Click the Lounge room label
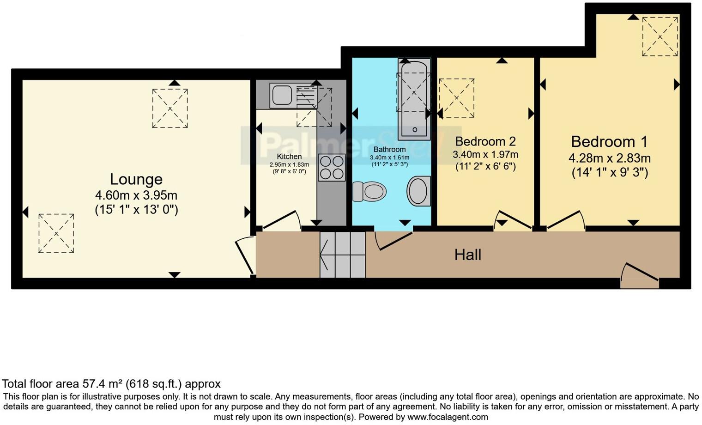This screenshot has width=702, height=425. (136, 179)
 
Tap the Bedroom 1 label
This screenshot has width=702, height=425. (609, 141)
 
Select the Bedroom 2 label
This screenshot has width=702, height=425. (485, 141)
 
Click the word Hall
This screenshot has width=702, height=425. (467, 255)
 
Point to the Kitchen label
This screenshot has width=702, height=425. (289, 157)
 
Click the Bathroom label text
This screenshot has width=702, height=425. (389, 149)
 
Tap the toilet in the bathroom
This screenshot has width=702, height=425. (369, 191)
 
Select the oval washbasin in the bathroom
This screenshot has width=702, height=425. (418, 191)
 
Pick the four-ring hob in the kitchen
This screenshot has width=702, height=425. (332, 167)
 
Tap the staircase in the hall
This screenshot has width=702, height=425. (343, 255)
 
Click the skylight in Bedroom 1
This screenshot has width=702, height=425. (660, 36)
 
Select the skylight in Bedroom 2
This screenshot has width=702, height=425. (456, 98)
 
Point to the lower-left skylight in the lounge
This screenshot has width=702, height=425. (56, 233)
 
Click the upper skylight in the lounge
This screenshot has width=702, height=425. (170, 108)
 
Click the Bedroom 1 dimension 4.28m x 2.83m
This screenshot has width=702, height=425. (609, 158)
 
